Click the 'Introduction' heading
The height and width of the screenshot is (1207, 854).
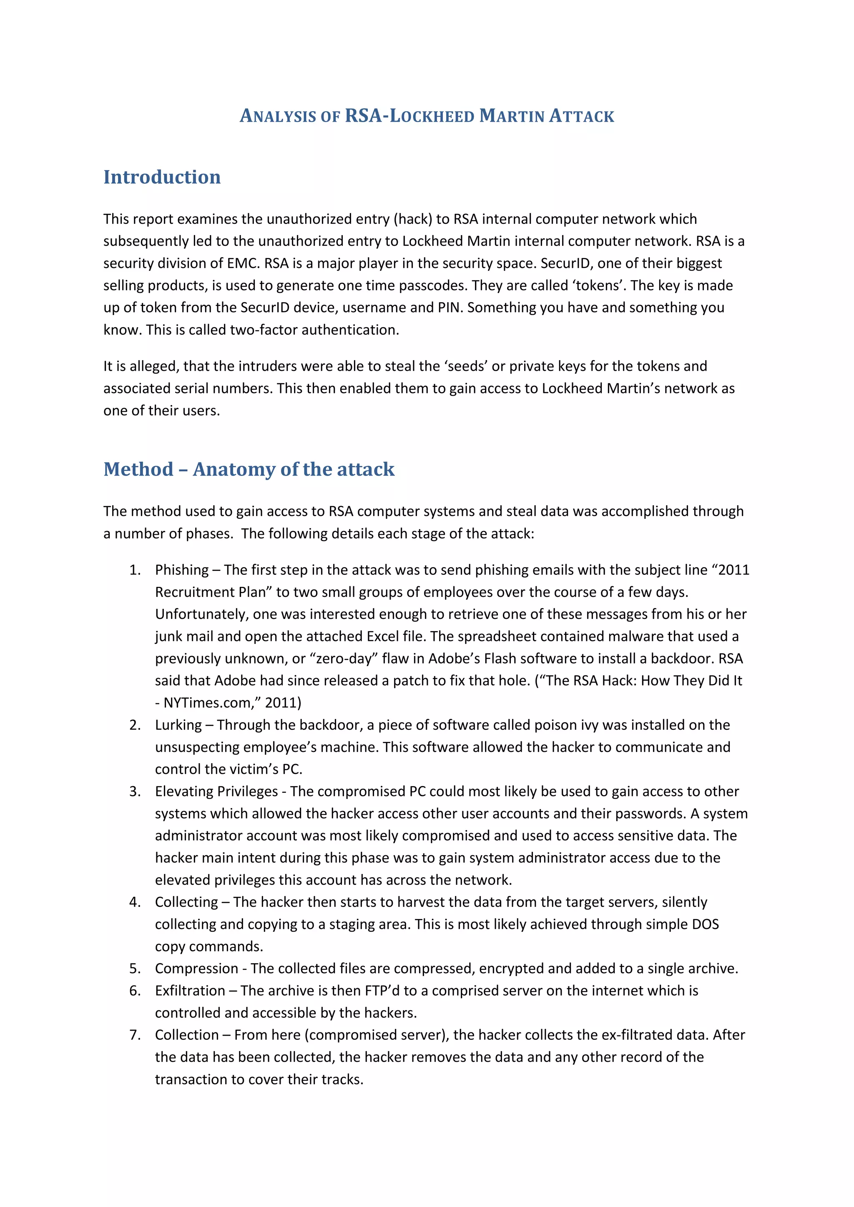click(x=162, y=177)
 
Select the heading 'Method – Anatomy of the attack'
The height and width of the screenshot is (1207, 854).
click(x=249, y=469)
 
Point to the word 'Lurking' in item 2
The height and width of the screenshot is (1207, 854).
click(x=178, y=725)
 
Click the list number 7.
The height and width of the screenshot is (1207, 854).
click(x=135, y=1034)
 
